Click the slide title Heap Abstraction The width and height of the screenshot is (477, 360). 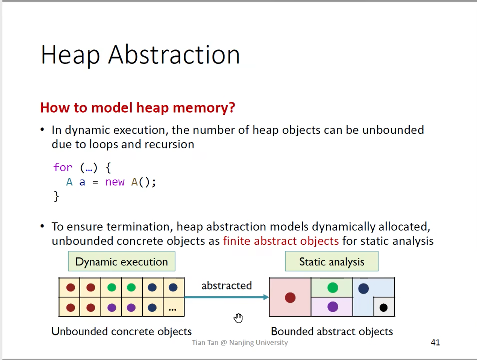click(140, 55)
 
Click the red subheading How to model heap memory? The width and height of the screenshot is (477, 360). click(137, 108)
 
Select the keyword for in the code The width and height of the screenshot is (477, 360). click(63, 167)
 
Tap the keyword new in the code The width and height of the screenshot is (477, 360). click(115, 182)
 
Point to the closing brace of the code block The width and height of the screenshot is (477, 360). click(56, 196)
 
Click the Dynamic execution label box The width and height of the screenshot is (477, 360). click(122, 262)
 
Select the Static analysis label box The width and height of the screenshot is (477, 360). click(332, 262)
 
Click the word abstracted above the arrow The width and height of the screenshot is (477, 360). click(227, 286)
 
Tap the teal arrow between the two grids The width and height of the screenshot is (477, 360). click(227, 297)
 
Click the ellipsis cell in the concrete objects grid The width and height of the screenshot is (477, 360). click(173, 307)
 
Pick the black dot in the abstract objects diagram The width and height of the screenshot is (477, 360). click(384, 307)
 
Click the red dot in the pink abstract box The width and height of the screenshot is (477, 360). click(290, 297)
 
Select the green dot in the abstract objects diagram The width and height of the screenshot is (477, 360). click(332, 287)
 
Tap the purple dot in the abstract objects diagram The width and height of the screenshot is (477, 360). click(332, 307)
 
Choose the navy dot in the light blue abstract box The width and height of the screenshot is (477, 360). click(363, 288)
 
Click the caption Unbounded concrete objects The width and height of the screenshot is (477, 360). click(122, 331)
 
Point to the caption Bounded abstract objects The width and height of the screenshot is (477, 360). click(332, 331)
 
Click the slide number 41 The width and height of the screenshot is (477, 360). click(435, 342)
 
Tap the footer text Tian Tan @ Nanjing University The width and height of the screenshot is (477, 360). click(240, 342)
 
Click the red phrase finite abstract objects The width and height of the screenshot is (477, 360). click(281, 241)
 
